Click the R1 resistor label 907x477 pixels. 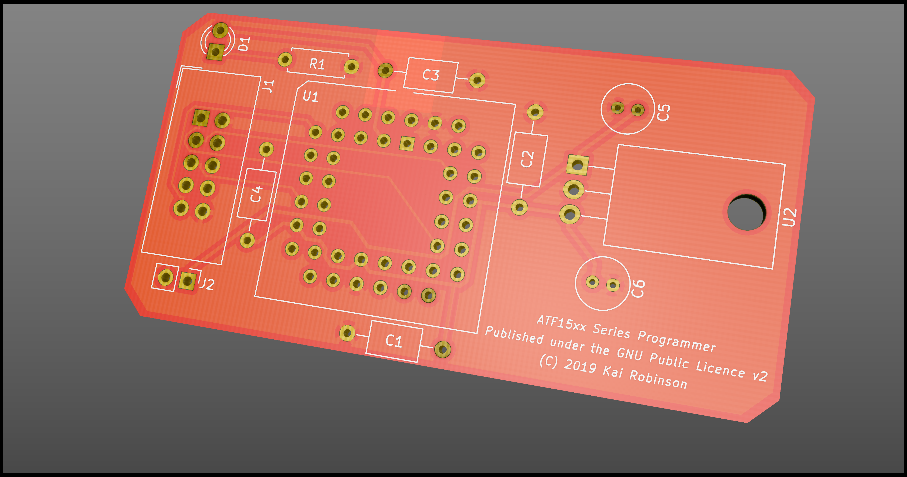click(317, 64)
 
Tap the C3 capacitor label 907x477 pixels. click(431, 75)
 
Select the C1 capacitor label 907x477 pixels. click(394, 341)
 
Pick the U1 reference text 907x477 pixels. click(311, 97)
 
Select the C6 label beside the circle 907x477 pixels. click(638, 289)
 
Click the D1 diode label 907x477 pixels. click(244, 44)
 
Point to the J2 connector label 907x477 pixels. click(207, 284)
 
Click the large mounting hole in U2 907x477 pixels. click(746, 213)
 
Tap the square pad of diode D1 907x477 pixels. click(215, 52)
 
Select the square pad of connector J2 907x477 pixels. click(187, 281)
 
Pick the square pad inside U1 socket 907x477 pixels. click(407, 143)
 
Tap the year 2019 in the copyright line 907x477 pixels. click(580, 366)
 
